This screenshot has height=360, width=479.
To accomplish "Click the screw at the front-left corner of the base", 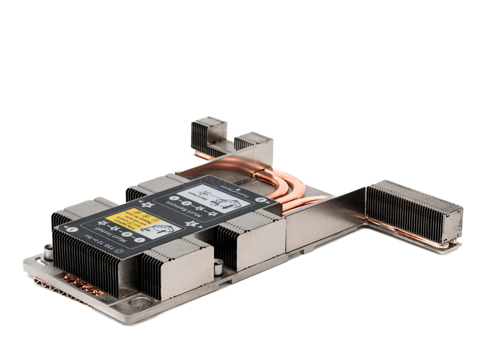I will (48, 252).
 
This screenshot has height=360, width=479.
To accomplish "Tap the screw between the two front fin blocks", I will (219, 266).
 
